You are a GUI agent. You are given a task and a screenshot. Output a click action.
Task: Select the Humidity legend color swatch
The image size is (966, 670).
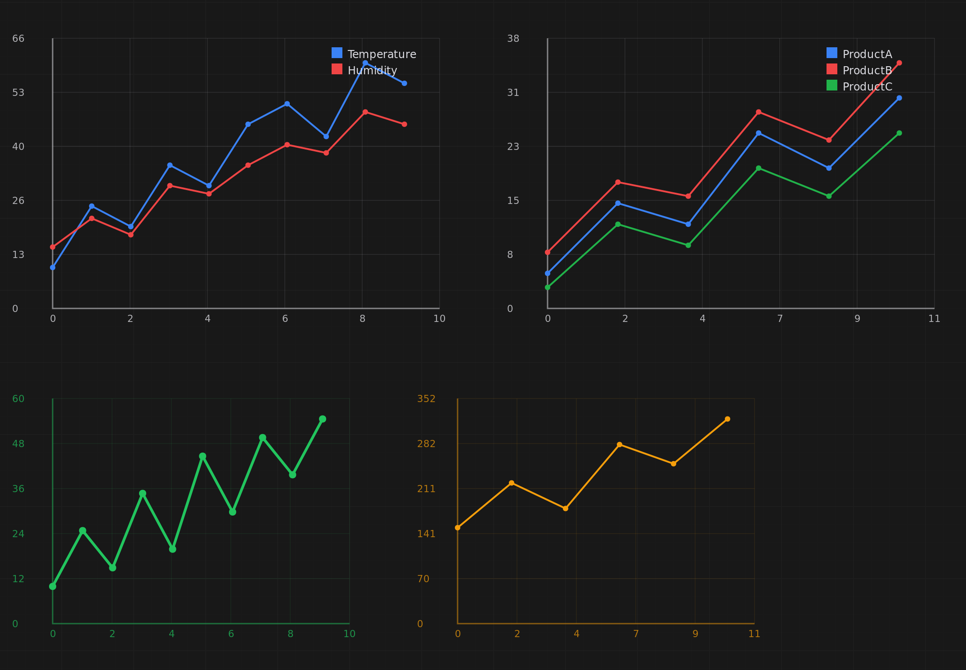(x=337, y=69)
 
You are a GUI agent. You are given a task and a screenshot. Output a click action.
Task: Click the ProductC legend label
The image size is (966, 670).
(x=867, y=86)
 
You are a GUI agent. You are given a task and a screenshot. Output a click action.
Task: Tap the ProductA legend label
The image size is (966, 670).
(x=867, y=54)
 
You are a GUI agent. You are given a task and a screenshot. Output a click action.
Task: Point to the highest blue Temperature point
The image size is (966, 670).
(x=365, y=63)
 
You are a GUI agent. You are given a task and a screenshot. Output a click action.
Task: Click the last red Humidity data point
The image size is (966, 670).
(x=404, y=124)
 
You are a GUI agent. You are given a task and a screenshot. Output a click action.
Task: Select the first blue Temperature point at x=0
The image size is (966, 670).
(x=53, y=267)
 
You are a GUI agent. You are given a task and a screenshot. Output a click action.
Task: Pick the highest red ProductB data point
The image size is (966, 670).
(x=899, y=63)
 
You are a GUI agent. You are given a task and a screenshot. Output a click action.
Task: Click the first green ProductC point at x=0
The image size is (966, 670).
(x=548, y=287)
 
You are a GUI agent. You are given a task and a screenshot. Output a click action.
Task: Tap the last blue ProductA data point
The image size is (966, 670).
(x=899, y=98)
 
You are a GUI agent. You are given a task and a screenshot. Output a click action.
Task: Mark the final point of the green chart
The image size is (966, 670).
(x=323, y=419)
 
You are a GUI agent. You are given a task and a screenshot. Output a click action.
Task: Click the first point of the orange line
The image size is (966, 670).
(x=458, y=528)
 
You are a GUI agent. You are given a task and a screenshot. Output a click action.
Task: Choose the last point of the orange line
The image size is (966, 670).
(x=728, y=419)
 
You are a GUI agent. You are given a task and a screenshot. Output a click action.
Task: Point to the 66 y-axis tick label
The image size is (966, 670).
(x=18, y=39)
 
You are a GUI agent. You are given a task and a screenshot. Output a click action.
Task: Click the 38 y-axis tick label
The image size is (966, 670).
(x=513, y=39)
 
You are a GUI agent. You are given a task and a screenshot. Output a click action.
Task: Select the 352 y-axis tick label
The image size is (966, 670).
(x=426, y=399)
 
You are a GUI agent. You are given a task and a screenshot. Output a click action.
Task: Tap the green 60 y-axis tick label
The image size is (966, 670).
(x=18, y=399)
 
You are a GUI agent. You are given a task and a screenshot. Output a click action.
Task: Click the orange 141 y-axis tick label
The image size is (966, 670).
(x=426, y=534)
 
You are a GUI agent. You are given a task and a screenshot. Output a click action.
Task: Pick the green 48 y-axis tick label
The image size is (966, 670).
(x=18, y=444)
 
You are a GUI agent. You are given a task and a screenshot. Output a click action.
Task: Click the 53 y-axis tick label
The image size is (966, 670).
(x=18, y=93)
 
